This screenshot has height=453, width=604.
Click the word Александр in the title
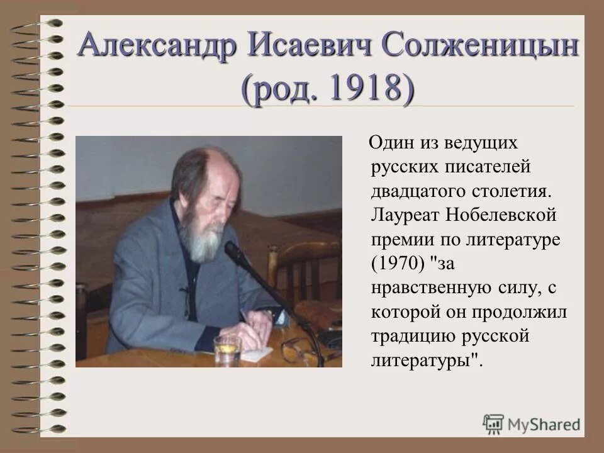point(157,47)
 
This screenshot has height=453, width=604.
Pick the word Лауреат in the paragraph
point(406,216)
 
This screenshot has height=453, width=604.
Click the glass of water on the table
point(227,349)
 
